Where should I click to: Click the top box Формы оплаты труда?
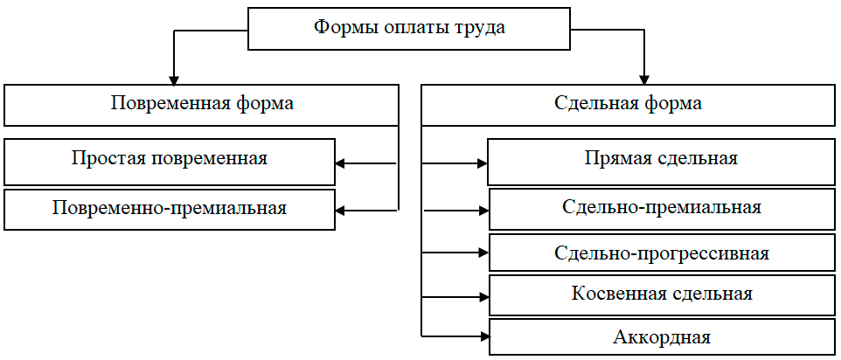click(409, 28)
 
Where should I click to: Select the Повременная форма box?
click(202, 104)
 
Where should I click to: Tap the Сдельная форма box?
click(628, 104)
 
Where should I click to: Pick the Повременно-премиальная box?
click(169, 209)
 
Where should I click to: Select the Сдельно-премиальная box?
click(661, 208)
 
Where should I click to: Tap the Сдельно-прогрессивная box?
click(661, 253)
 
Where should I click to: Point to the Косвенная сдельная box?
click(661, 294)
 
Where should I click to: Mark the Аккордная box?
click(661, 337)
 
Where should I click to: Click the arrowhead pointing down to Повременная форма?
click(175, 77)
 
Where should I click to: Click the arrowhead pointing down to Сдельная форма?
click(644, 77)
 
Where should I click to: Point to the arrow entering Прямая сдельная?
click(481, 163)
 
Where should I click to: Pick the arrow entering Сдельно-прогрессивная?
click(483, 253)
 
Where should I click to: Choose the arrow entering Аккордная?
click(483, 336)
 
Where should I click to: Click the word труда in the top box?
click(478, 28)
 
